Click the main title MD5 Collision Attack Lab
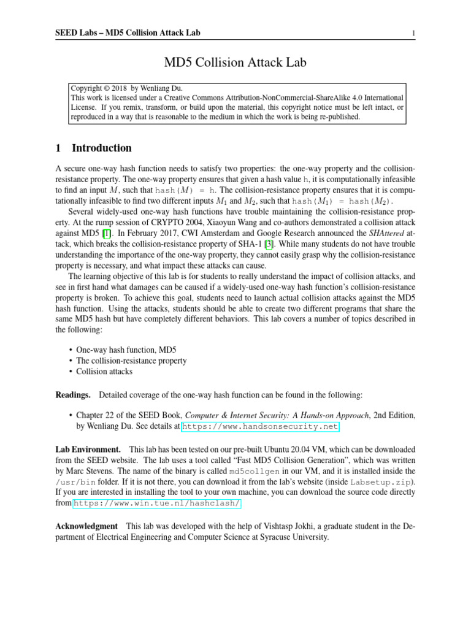pyautogui.click(x=235, y=63)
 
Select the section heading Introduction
pyautogui.click(x=101, y=148)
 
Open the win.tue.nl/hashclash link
pyautogui.click(x=157, y=503)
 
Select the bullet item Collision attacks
pyautogui.click(x=104, y=371)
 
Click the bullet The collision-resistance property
pyautogui.click(x=131, y=361)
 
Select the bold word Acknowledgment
pyautogui.click(x=86, y=526)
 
